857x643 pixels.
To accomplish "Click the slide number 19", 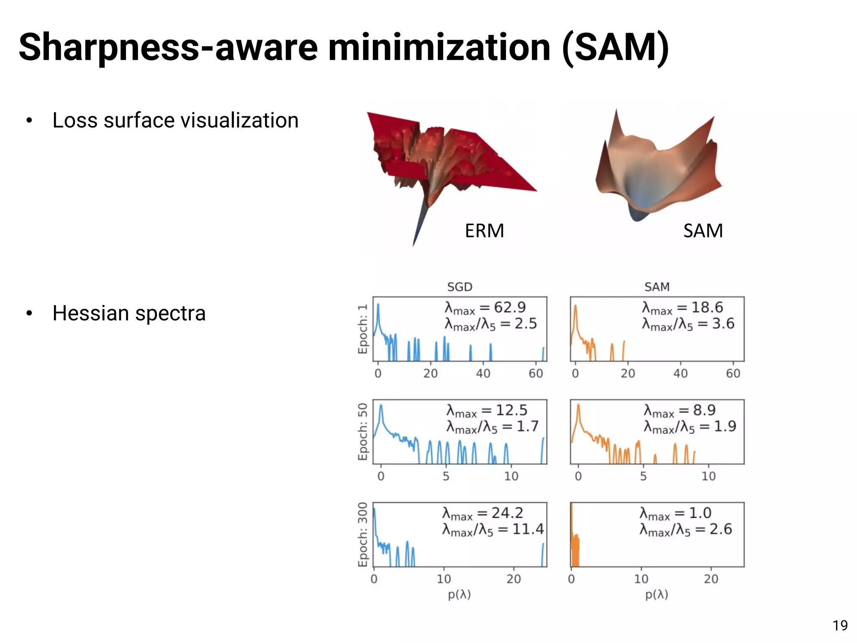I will (x=840, y=625).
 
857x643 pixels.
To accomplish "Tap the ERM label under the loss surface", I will (x=484, y=231).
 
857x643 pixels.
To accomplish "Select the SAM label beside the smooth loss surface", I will (x=703, y=231).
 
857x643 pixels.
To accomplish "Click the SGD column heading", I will (x=459, y=287).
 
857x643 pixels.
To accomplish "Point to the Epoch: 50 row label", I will (x=362, y=432).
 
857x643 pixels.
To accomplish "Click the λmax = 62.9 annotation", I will (x=485, y=308).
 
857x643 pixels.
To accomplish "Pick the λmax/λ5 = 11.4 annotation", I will (x=493, y=530).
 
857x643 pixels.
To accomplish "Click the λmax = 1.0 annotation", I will (x=675, y=513).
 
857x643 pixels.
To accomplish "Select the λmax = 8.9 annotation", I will (x=679, y=411).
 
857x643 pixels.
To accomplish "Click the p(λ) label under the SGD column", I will (x=459, y=594).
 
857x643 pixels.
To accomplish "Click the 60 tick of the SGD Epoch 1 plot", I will (x=536, y=373).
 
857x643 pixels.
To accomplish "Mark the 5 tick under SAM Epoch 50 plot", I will (x=643, y=476).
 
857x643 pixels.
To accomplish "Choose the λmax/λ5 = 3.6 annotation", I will (x=688, y=324).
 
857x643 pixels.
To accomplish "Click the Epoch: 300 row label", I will (x=362, y=535).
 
